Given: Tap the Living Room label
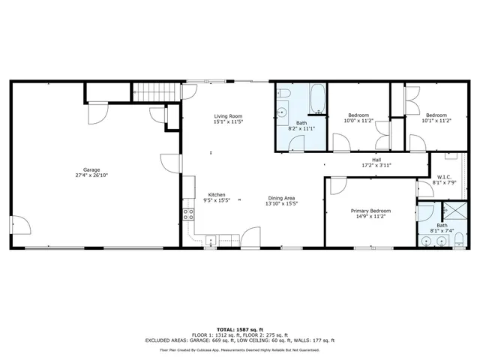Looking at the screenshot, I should click(227, 116).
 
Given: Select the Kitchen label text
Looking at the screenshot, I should click(216, 195).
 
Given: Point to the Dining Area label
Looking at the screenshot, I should click(282, 198).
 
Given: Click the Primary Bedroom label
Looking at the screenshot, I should click(371, 211).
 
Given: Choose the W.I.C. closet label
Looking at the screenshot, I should click(443, 178).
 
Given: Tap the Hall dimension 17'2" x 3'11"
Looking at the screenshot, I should click(376, 166).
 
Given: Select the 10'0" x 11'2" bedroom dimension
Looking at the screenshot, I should click(358, 121).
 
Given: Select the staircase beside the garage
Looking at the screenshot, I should click(158, 93).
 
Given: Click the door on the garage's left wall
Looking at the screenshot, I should click(20, 225).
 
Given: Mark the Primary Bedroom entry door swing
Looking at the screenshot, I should click(335, 184).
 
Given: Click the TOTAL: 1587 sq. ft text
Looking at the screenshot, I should click(239, 328).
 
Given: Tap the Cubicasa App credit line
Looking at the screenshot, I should click(239, 349).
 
